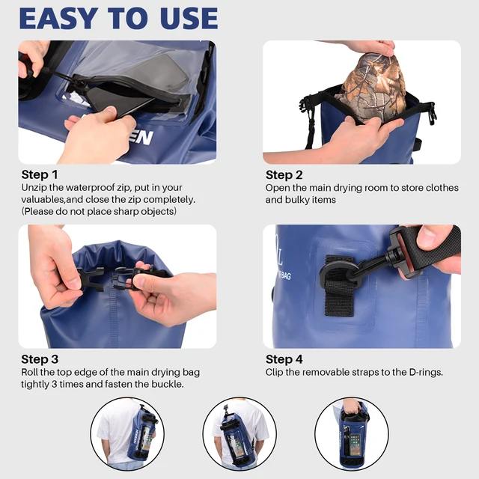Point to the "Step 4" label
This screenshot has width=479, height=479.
click(284, 359)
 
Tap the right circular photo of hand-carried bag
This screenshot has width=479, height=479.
click(351, 434)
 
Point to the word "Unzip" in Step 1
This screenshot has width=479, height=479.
click(35, 188)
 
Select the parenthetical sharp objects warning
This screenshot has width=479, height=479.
click(99, 211)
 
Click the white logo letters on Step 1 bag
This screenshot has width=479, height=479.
click(138, 136)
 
